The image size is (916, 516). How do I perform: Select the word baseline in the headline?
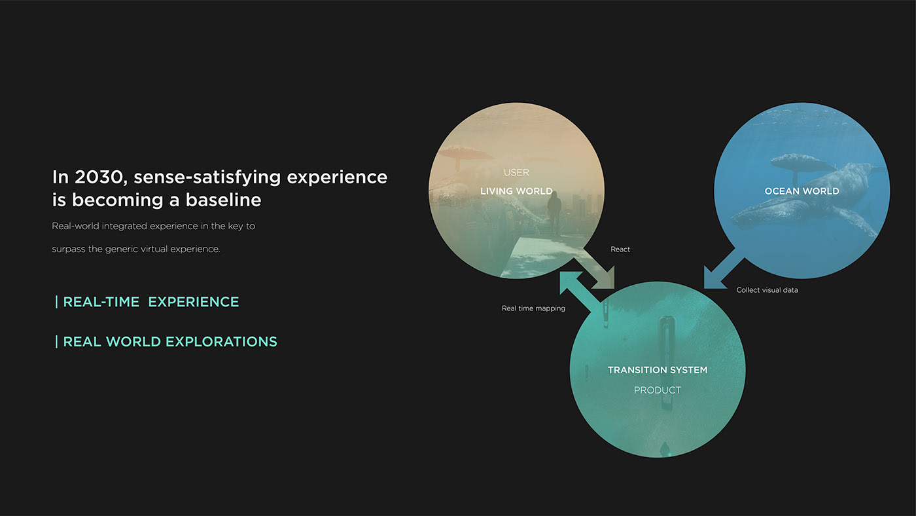click(223, 200)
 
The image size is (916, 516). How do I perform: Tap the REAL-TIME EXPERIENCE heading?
click(150, 302)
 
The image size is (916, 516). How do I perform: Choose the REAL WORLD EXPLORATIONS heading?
click(170, 342)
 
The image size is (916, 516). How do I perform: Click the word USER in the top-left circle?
click(516, 173)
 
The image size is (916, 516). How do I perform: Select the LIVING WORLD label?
click(516, 191)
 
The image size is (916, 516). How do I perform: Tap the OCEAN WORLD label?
click(801, 191)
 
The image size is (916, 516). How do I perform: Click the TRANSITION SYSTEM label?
click(658, 370)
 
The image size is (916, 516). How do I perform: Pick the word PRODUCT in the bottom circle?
click(658, 390)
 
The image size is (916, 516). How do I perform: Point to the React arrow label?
click(620, 249)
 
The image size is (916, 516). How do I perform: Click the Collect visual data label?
click(767, 290)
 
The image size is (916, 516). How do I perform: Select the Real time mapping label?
click(533, 308)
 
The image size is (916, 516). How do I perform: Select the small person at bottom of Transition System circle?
click(665, 449)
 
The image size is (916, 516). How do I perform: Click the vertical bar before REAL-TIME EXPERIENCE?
click(57, 302)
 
